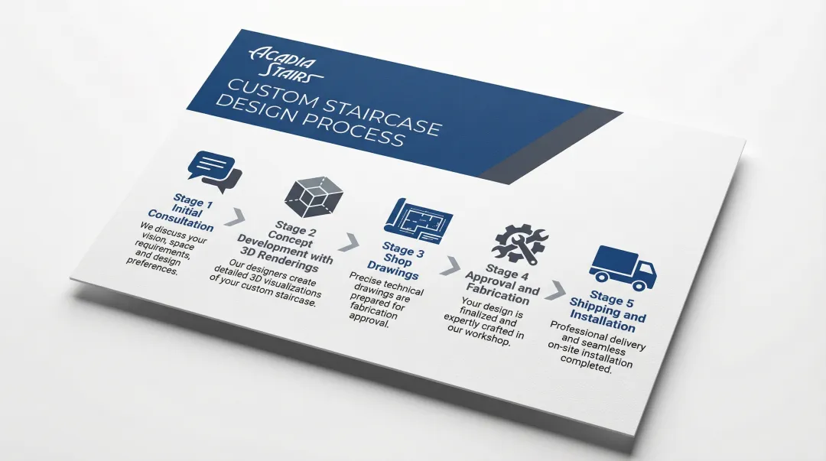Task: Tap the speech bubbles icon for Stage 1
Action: point(215,171)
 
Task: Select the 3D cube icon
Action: point(314,196)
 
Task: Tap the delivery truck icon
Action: point(623,268)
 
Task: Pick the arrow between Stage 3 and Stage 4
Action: point(450,265)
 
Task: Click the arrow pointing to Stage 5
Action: point(555,291)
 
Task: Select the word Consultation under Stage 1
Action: point(180,220)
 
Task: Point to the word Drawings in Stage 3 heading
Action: point(392,269)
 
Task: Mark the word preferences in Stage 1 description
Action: point(152,265)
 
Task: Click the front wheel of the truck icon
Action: point(639,285)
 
